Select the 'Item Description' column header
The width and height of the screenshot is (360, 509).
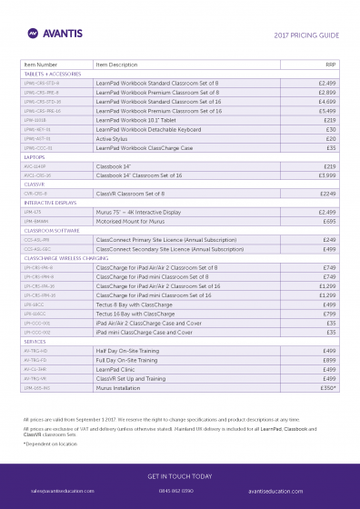click(x=116, y=65)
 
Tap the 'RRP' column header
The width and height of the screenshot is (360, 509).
click(x=330, y=65)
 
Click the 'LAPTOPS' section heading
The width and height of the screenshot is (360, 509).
click(x=35, y=157)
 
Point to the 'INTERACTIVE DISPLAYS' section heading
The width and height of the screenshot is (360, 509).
click(x=52, y=202)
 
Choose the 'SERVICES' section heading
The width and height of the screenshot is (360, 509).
click(x=36, y=340)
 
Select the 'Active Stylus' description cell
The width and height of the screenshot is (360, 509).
click(x=114, y=138)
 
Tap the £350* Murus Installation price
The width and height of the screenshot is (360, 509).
click(x=328, y=386)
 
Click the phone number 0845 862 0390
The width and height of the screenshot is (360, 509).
click(x=176, y=491)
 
